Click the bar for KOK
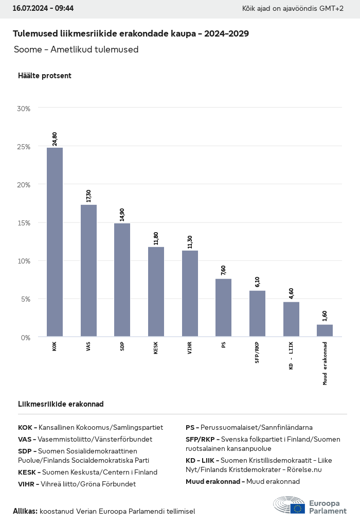pos(55,242)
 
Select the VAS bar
pos(88,271)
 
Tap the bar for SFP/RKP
pos(257,313)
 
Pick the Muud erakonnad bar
pos(325,330)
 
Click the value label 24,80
pos(55,139)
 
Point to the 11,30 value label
pos(190,241)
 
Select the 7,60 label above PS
pos(224,270)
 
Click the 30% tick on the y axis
pos(24,109)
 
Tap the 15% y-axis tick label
pos(24,223)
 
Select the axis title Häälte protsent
pos(45,76)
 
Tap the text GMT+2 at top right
pos(332,9)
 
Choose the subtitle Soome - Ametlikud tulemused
pos(76,49)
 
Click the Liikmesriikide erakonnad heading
pos(61,404)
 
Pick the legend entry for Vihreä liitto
pos(77,484)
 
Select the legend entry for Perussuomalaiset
pos(249,427)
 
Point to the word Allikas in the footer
pos(25,511)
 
